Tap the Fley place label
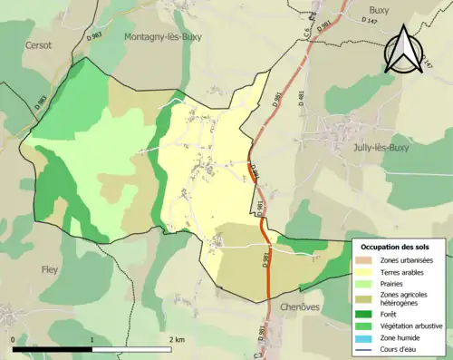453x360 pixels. pyautogui.click(x=50, y=269)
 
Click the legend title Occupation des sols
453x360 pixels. pyautogui.click(x=396, y=246)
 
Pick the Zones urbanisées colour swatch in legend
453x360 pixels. pyautogui.click(x=366, y=260)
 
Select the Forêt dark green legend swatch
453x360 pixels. pyautogui.click(x=366, y=316)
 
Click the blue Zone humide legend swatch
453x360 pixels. pyautogui.click(x=366, y=337)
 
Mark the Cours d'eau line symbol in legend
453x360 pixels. pyautogui.click(x=366, y=349)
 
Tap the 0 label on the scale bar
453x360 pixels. pyautogui.click(x=14, y=339)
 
